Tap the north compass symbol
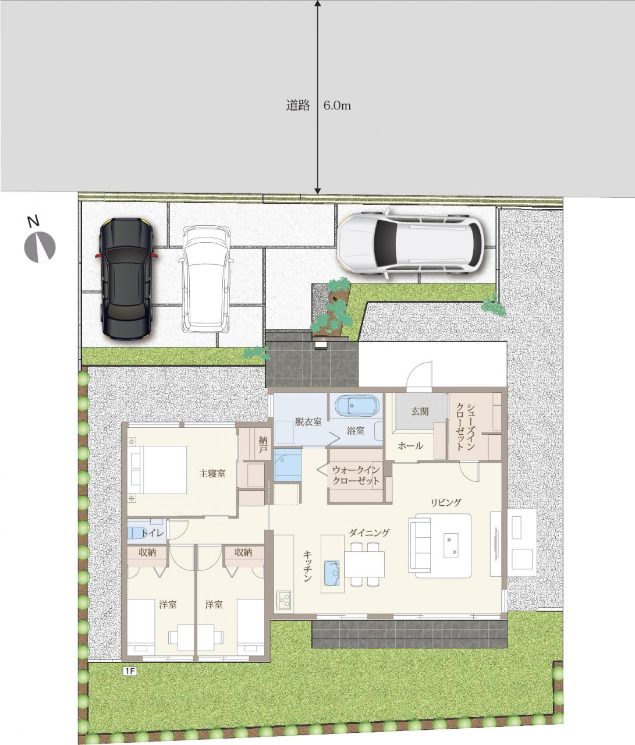[x=40, y=248]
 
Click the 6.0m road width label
[x=337, y=105]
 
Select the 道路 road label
[x=298, y=105]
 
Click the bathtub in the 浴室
[x=357, y=406]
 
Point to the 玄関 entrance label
[x=420, y=411]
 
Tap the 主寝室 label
[x=212, y=474]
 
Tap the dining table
[x=364, y=565]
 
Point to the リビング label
[x=446, y=502]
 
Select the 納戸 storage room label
[x=264, y=445]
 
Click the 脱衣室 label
[x=308, y=422]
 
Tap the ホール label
[x=410, y=446]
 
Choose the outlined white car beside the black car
[x=206, y=279]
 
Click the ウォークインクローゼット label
[x=356, y=476]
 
